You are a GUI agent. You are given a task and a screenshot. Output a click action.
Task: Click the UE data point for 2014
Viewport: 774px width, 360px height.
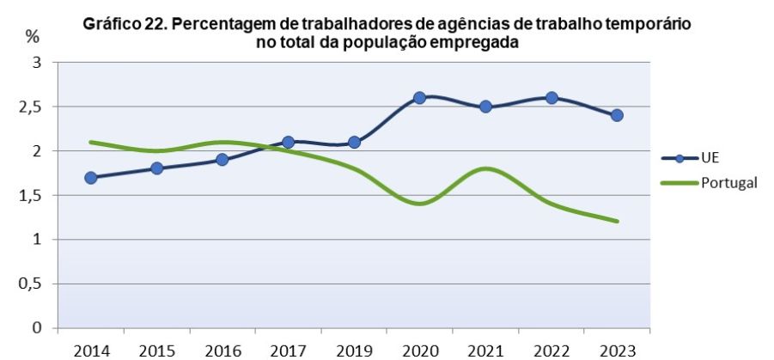pos(91,178)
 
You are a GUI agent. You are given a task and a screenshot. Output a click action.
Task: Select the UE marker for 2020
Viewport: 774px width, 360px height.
pos(419,98)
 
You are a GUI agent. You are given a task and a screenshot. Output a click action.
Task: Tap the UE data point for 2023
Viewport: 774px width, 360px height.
pos(616,115)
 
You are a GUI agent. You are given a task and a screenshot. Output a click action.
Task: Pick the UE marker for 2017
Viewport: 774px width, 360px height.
pos(288,142)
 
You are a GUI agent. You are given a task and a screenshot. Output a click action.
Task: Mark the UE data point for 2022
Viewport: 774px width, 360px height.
pos(551,98)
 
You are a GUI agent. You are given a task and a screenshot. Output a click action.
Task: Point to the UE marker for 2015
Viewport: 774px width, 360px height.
pos(156,168)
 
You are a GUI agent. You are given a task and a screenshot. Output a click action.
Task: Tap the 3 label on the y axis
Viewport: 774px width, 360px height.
pos(36,63)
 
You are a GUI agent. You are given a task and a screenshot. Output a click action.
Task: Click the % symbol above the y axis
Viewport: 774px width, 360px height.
pos(32,37)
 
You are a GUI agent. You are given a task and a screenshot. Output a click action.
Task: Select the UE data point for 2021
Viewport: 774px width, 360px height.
pos(485,107)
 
